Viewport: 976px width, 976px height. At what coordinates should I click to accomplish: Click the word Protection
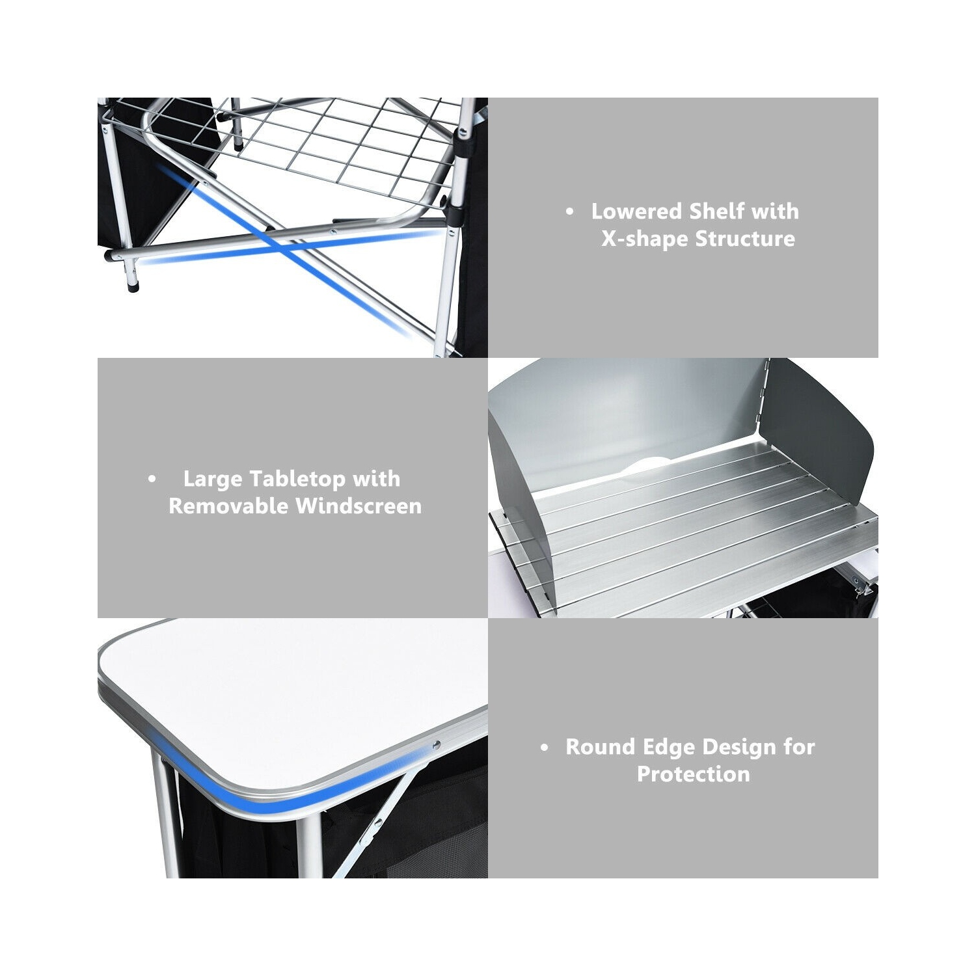tap(693, 774)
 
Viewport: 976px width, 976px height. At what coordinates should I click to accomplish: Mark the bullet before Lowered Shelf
tap(571, 212)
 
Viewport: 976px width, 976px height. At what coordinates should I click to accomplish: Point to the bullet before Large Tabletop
tap(152, 480)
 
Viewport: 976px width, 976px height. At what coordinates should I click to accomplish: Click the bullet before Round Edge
tap(545, 748)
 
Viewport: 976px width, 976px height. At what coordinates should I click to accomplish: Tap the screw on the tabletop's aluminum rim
tap(436, 745)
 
